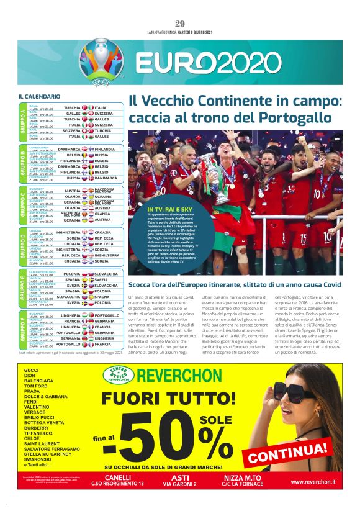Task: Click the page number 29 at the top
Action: (x=180, y=24)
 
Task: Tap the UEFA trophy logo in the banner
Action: (x=102, y=62)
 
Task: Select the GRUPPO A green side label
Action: (x=23, y=121)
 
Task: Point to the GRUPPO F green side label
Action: (x=23, y=329)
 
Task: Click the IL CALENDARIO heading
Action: (x=39, y=97)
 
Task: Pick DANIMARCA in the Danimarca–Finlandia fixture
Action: (x=70, y=150)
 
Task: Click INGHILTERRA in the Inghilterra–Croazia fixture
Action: (x=68, y=233)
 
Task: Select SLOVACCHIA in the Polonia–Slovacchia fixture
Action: (x=107, y=274)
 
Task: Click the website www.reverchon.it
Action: (x=313, y=482)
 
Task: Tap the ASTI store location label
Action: (x=178, y=477)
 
